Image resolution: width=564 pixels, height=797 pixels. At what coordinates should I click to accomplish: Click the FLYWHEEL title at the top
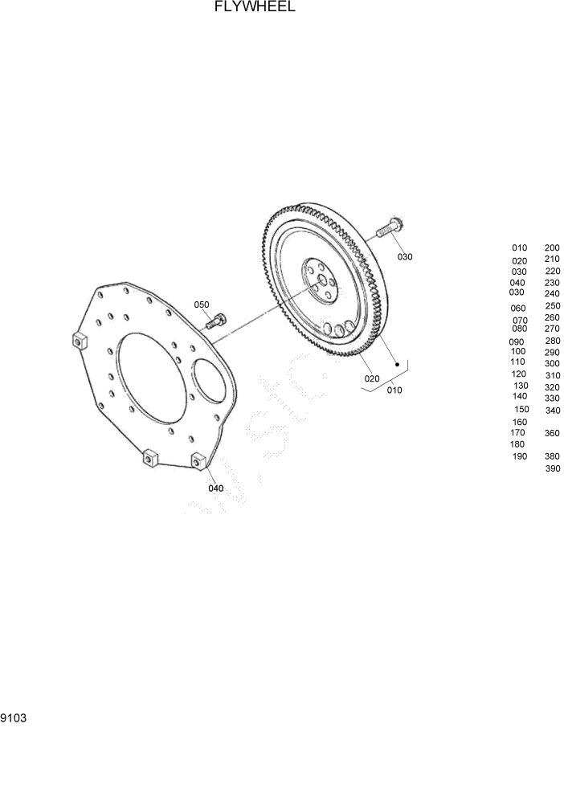coord(255,7)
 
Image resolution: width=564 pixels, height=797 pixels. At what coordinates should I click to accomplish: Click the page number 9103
coord(14,717)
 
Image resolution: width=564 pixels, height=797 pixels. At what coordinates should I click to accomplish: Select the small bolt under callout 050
coord(215,322)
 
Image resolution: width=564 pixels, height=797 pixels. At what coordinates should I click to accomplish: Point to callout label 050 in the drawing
coord(201,304)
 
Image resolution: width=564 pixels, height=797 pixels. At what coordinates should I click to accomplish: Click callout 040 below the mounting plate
coord(215,488)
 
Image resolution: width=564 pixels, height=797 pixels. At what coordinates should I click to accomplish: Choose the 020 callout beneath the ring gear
coord(371,378)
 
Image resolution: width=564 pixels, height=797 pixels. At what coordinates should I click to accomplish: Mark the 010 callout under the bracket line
coord(394,390)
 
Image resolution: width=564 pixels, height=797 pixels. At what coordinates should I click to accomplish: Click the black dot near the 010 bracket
coord(396,364)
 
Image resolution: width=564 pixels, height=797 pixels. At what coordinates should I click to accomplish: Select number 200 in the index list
coord(552,247)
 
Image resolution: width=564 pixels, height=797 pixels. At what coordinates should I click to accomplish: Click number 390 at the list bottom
coord(552,468)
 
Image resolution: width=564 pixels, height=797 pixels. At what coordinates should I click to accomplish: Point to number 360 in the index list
coord(551,433)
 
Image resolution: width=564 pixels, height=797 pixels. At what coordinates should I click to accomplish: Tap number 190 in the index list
coord(519,456)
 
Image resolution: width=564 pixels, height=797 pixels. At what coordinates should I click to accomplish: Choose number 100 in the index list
coord(518,351)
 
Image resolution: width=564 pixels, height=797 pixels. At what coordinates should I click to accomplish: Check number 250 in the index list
coord(552,305)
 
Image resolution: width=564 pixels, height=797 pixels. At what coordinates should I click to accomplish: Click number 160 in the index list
coord(519,422)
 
